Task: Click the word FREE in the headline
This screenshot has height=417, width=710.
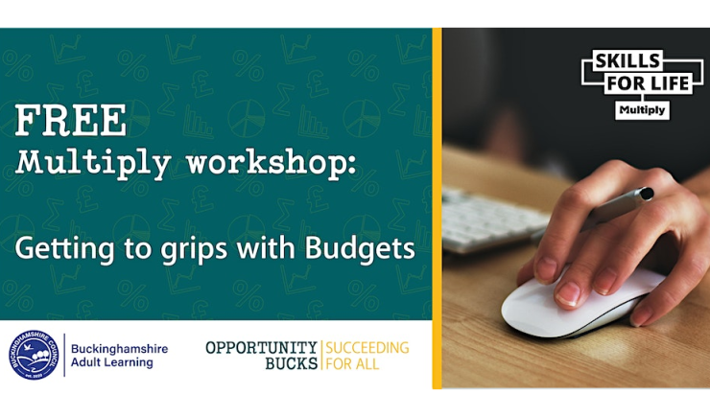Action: (x=71, y=121)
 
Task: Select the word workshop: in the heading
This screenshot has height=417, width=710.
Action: (x=272, y=163)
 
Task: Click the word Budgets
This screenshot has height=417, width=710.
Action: (x=360, y=249)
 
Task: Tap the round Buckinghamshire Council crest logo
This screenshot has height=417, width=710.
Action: (x=34, y=355)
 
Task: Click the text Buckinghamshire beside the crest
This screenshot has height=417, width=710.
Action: (x=120, y=349)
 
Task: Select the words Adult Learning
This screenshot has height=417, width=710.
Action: (x=112, y=362)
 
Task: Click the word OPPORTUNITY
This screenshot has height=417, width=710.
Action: (x=261, y=347)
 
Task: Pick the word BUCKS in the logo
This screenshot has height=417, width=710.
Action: (x=291, y=363)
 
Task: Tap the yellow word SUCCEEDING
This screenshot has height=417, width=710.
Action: (x=367, y=347)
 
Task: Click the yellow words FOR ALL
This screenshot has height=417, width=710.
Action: (x=352, y=363)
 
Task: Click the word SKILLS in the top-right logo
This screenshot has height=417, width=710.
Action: (x=627, y=60)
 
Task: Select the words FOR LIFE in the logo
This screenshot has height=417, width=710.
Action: (x=648, y=83)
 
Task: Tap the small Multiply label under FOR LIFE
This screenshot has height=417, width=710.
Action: (x=642, y=110)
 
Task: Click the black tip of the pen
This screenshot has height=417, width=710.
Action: (x=647, y=194)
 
